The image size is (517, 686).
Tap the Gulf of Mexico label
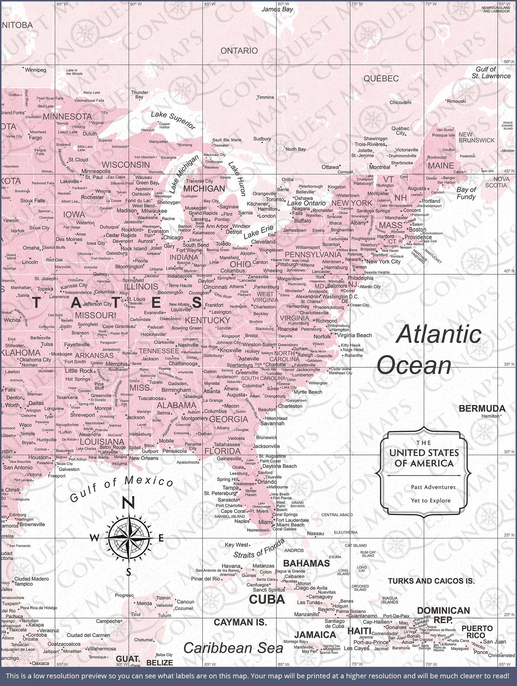pyautogui.click(x=122, y=489)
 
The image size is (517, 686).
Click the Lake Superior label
pyautogui.click(x=173, y=120)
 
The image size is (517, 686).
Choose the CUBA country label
pyautogui.click(x=267, y=599)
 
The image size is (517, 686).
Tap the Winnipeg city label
pyautogui.click(x=35, y=70)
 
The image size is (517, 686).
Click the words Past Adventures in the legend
pyautogui.click(x=433, y=487)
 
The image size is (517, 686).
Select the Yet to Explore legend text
pyautogui.click(x=430, y=500)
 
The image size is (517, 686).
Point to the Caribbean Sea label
pyautogui.click(x=233, y=648)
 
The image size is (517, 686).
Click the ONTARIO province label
pyautogui.click(x=239, y=51)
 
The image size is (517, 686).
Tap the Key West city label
pyautogui.click(x=236, y=545)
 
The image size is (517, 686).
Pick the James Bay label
pyautogui.click(x=277, y=9)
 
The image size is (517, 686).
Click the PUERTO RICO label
pyautogui.click(x=477, y=632)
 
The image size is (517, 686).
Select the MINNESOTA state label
pyautogui.click(x=67, y=117)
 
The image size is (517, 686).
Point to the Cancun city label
pyautogui.click(x=185, y=602)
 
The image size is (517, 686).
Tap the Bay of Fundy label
pyautogui.click(x=466, y=193)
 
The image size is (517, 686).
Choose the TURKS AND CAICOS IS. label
pyautogui.click(x=431, y=581)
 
